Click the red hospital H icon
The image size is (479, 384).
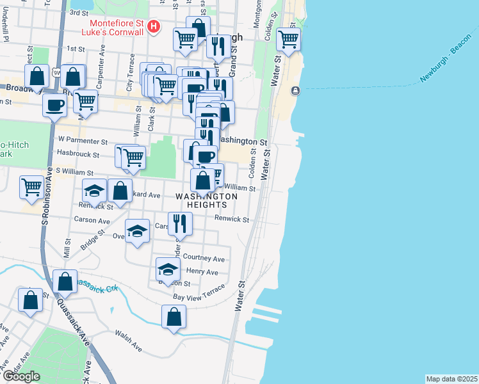154,27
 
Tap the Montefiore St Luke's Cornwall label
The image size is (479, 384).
118,27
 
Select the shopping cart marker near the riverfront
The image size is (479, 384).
288,39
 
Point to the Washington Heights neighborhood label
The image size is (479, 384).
207,200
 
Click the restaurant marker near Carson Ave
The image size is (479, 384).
180,223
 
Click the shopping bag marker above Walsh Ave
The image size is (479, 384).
174,316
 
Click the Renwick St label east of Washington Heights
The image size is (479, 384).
232,219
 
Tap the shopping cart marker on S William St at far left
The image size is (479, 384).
31,187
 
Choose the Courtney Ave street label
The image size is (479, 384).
204,259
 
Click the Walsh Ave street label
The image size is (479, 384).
127,340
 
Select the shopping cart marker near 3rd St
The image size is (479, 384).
185,38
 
